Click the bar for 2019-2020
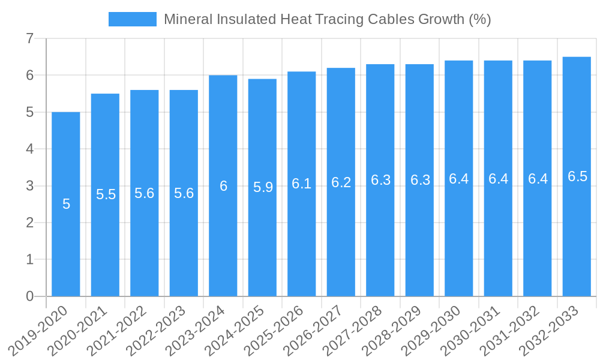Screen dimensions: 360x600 point(66,204)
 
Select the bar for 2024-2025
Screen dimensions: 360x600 point(262,187)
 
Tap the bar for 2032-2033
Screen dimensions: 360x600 point(577,176)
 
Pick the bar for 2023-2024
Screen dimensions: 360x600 point(223,185)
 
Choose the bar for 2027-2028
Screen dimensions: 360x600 point(380,180)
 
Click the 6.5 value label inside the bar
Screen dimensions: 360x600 point(577,176)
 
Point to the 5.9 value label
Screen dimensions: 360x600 point(263,187)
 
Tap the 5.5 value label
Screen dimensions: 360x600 point(106,194)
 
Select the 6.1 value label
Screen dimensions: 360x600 point(302,184)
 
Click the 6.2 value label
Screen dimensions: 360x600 point(341,182)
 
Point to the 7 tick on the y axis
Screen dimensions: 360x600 point(29,39)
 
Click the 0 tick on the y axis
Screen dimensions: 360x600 point(29,296)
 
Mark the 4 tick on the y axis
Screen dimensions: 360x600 point(29,149)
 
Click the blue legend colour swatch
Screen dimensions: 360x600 point(132,19)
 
